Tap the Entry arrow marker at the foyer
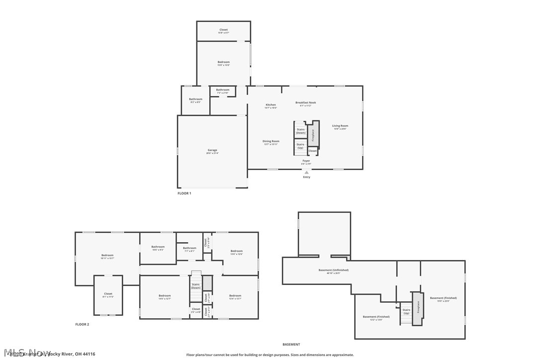point(306,173)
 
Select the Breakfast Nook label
point(305,103)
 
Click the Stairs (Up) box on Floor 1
point(300,146)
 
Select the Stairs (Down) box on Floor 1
point(300,131)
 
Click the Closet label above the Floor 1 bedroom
point(223,30)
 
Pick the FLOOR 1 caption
point(184,193)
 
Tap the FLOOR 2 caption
point(82,324)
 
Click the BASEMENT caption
point(291,344)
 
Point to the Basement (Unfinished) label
point(333,270)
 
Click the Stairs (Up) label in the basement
point(406,311)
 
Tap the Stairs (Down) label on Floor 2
point(195,286)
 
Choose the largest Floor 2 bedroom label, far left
point(107,256)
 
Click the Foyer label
point(306,161)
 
